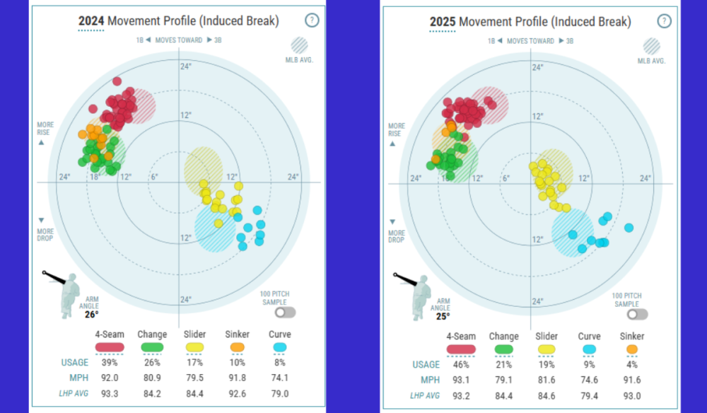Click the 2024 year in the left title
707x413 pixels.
click(91, 22)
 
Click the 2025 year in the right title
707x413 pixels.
click(443, 22)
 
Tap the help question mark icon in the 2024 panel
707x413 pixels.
click(312, 21)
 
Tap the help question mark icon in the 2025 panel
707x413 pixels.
click(663, 21)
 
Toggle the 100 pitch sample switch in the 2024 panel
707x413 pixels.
click(286, 312)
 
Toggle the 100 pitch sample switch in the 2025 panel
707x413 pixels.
click(638, 314)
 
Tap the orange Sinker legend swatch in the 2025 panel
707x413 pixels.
click(631, 349)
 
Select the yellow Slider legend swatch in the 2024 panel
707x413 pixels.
click(194, 347)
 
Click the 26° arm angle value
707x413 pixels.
click(92, 315)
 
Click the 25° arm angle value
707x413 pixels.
click(443, 316)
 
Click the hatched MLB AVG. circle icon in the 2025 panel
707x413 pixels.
click(651, 47)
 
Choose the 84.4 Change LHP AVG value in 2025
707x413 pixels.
click(503, 395)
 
